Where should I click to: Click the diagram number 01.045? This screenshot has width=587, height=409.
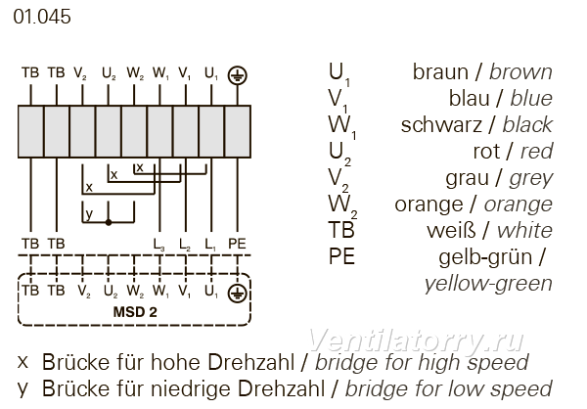tap(42, 17)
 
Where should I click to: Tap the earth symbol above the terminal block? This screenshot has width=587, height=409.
tap(238, 75)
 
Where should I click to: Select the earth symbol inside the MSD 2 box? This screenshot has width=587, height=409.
tap(238, 293)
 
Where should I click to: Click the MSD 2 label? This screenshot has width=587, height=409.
tap(135, 312)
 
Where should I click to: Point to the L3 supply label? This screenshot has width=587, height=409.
tap(159, 245)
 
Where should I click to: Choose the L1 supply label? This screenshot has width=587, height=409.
tap(210, 245)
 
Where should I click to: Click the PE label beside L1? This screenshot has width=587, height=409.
tap(237, 244)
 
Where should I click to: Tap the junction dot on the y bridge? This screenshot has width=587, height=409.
tap(109, 222)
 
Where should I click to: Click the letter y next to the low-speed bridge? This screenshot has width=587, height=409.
tap(89, 214)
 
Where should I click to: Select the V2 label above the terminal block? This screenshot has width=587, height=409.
tap(80, 73)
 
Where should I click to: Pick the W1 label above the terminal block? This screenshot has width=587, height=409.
tap(160, 73)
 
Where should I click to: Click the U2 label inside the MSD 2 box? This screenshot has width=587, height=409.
tap(110, 291)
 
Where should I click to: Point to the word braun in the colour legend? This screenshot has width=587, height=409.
tap(440, 71)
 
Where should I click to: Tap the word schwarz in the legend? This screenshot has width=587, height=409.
tap(441, 124)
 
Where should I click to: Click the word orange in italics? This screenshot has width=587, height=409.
tap(519, 204)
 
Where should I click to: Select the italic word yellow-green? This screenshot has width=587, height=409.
tap(488, 284)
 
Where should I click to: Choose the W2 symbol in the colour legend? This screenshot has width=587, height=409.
tap(342, 206)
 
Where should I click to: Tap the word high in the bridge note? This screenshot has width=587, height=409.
tap(438, 363)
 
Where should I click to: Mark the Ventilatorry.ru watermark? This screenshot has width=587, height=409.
tap(416, 341)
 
